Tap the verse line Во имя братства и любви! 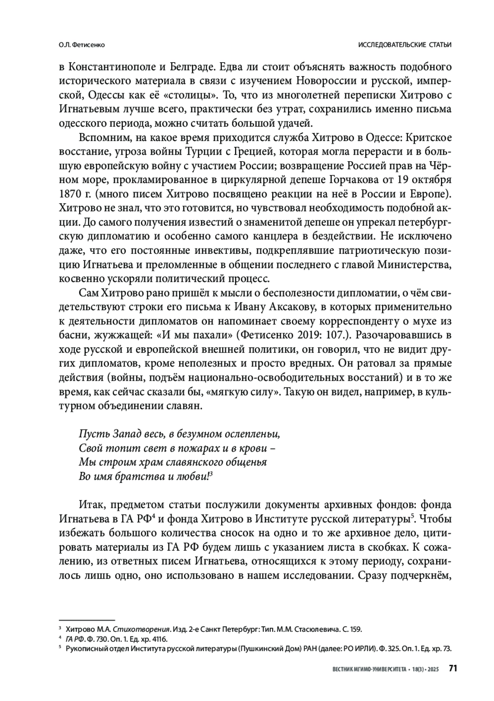tap(144, 476)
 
